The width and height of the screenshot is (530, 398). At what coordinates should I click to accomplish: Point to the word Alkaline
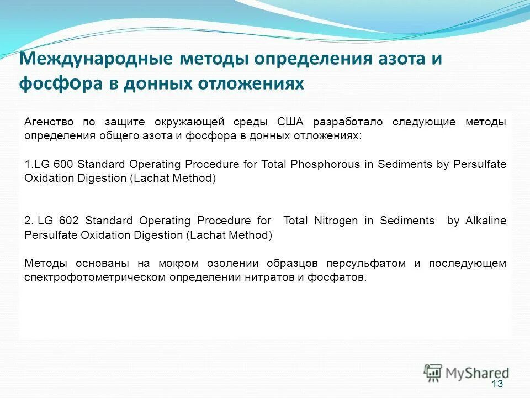pyautogui.click(x=485, y=221)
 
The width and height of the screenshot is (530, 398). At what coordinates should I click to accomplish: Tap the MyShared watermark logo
pyautogui.click(x=467, y=372)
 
